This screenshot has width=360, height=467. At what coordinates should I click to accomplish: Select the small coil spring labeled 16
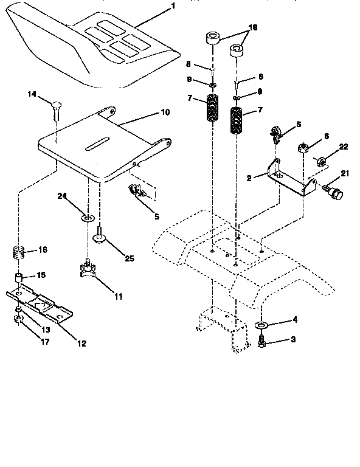pos(19,251)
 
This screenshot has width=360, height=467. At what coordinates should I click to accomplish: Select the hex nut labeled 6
pos(302,148)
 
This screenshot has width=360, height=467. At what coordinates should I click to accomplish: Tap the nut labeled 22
pos(320,161)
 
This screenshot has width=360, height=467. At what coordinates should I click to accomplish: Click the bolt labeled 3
pos(262,344)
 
